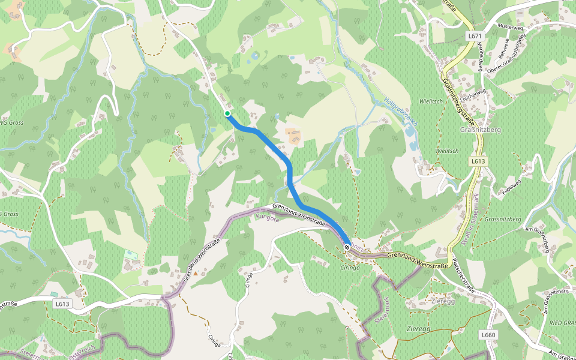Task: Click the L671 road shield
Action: (x=475, y=37)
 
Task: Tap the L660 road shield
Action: (x=488, y=334)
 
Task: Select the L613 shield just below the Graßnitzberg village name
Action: (x=478, y=161)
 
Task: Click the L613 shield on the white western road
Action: (x=62, y=304)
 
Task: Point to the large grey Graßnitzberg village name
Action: (x=479, y=130)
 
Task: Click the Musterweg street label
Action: (x=511, y=28)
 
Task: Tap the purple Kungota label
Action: (x=268, y=218)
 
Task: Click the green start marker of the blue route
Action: (x=227, y=113)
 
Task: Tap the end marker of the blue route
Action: (x=347, y=247)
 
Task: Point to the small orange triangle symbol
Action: (x=195, y=274)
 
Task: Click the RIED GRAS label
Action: (x=562, y=323)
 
